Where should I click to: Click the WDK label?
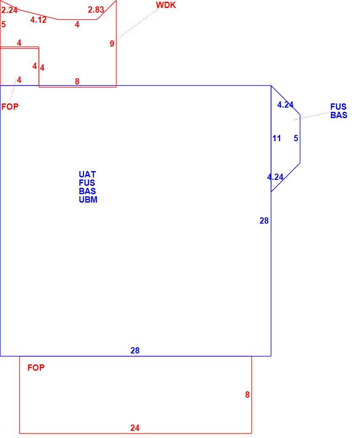pos(166,5)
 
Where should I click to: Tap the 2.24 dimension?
pos(10,10)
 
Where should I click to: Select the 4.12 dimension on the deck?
pos(38,20)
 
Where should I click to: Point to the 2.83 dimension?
pos(96,10)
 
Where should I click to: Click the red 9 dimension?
pos(112,44)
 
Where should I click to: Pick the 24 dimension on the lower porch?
pos(135,427)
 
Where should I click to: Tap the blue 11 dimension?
pos(276,138)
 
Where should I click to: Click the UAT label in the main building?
pos(87,174)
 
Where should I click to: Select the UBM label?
pos(88,200)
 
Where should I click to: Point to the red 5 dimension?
pos(3,24)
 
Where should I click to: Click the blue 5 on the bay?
pos(296,138)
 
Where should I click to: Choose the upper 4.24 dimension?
pos(285,105)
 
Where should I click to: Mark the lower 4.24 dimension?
pos(275,177)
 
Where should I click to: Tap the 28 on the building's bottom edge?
pos(135,351)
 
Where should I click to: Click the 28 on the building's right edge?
pos(264,221)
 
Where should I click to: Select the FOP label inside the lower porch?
pos(36,368)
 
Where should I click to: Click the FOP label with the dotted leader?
pos(10,106)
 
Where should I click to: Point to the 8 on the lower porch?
pos(247,395)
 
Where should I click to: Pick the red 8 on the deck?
pos(77,81)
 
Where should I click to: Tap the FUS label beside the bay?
pos(338,107)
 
